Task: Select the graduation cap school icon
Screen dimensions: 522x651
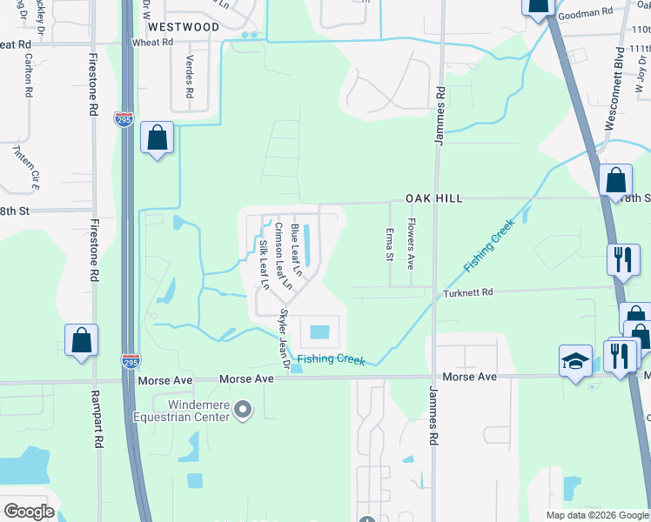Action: point(574,361)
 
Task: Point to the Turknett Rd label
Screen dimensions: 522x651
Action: point(468,292)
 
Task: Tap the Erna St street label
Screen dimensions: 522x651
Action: point(389,244)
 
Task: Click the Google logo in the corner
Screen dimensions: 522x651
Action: point(30,512)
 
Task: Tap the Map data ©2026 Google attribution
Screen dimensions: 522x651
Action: point(597,515)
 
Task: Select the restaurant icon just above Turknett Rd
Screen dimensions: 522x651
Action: point(623,260)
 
